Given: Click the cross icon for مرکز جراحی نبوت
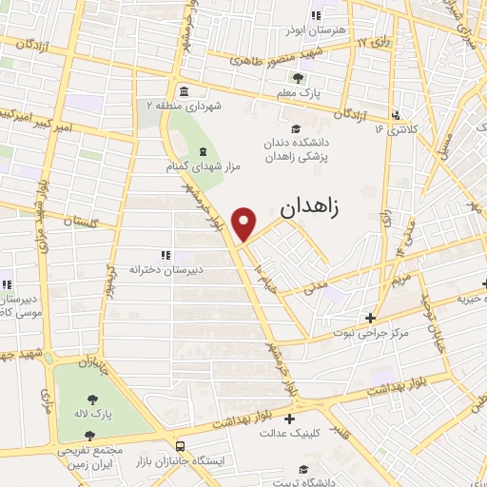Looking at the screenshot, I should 370,318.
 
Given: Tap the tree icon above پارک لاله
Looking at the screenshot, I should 92,400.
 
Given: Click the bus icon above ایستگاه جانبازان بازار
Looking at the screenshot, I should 181,446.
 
